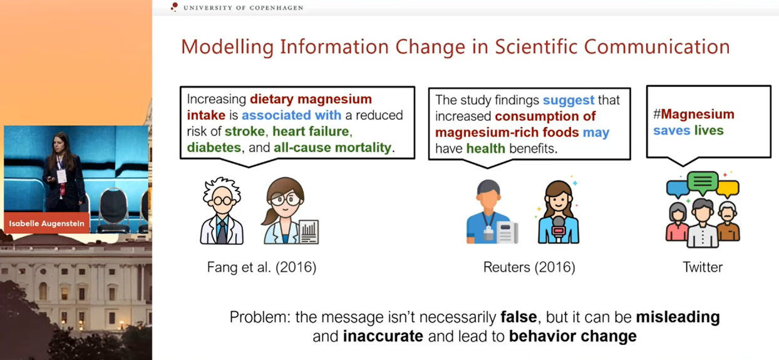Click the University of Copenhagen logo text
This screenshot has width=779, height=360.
click(243, 8)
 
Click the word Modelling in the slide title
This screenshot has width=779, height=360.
click(227, 47)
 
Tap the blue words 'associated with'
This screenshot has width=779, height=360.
click(291, 115)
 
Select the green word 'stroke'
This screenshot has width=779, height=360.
click(245, 131)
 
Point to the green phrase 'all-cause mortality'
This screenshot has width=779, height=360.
click(333, 148)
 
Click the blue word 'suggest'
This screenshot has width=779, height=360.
click(569, 101)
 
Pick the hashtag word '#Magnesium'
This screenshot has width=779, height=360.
click(694, 114)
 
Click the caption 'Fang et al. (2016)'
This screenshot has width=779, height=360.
click(262, 267)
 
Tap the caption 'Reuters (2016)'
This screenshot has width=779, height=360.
click(529, 267)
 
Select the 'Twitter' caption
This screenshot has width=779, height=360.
click(703, 267)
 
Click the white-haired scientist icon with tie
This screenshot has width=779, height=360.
click(222, 211)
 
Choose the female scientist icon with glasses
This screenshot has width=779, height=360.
click(290, 211)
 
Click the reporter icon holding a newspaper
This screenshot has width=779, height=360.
click(492, 212)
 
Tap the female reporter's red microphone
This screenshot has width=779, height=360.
click(558, 230)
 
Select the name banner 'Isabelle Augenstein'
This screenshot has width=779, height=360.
click(46, 223)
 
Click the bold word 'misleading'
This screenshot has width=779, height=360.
click(678, 317)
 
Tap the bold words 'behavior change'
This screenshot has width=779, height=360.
click(573, 336)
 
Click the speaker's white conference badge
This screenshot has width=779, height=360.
click(61, 177)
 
